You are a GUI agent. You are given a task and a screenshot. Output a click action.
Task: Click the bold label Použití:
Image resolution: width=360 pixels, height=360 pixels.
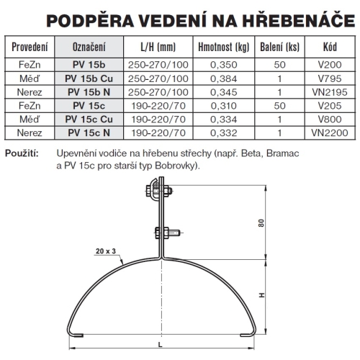(x=22, y=153)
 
